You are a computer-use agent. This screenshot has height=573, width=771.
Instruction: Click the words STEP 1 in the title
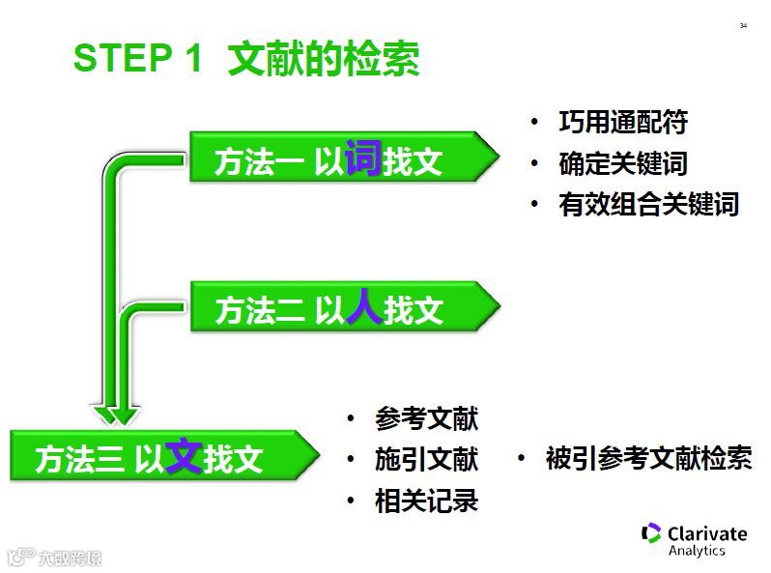[137, 59]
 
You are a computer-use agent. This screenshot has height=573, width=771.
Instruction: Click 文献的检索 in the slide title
[323, 59]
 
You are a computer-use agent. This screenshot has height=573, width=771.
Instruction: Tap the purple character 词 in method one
[363, 157]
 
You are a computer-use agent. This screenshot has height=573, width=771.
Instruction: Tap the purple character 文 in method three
[184, 455]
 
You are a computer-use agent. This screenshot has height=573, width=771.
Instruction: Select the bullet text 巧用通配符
[622, 123]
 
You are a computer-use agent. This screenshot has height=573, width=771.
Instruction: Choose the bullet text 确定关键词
[622, 163]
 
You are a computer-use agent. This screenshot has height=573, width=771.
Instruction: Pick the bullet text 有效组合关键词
[648, 204]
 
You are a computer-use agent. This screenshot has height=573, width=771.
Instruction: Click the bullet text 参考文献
[426, 418]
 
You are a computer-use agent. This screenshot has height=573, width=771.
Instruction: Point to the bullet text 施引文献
[426, 459]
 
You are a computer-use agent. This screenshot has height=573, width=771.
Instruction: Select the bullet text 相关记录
[426, 501]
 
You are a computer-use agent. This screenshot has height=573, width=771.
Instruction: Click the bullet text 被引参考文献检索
[648, 459]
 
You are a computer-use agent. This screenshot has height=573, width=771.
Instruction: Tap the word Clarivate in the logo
[707, 533]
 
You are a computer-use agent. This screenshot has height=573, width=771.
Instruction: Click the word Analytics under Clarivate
[697, 551]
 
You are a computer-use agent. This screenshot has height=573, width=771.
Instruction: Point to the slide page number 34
[743, 25]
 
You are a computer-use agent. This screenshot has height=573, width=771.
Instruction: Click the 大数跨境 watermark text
[70, 558]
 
